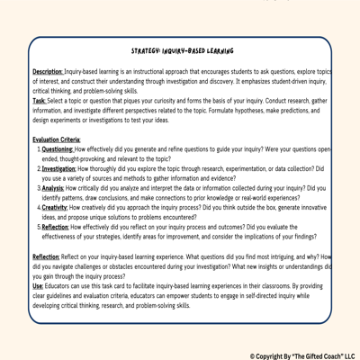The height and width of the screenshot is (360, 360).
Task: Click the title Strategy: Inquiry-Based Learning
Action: [x=182, y=52]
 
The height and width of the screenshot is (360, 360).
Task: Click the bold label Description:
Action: [x=48, y=71]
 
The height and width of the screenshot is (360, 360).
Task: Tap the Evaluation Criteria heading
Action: [x=56, y=140]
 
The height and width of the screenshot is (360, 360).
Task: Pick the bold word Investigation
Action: [x=59, y=167]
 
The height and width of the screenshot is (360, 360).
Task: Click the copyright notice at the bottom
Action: [x=301, y=355]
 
